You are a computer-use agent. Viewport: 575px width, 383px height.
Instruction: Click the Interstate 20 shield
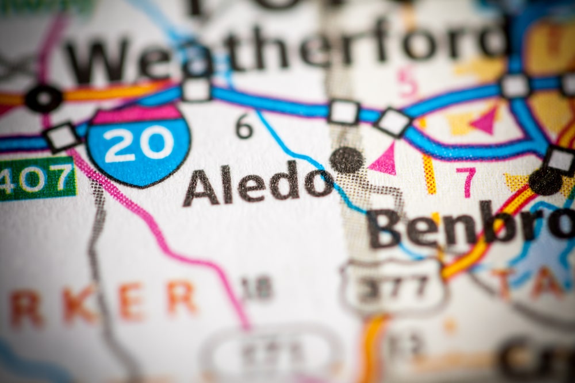click(139, 145)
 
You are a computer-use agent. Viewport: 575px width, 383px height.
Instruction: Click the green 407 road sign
click(37, 179)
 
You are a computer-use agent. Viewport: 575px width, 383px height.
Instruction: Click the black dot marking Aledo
click(347, 160)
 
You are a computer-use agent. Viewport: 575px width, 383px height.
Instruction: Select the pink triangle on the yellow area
click(485, 121)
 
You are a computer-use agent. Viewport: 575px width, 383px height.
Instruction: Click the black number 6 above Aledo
click(244, 126)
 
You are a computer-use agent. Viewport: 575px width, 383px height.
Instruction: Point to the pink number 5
click(407, 82)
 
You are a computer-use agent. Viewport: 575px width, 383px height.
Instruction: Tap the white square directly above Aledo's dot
click(344, 111)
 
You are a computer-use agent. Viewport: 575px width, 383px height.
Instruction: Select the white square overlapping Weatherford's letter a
click(197, 90)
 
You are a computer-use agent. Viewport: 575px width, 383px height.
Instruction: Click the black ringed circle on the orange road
click(44, 98)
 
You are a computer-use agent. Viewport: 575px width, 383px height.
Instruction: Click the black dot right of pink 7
click(545, 181)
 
